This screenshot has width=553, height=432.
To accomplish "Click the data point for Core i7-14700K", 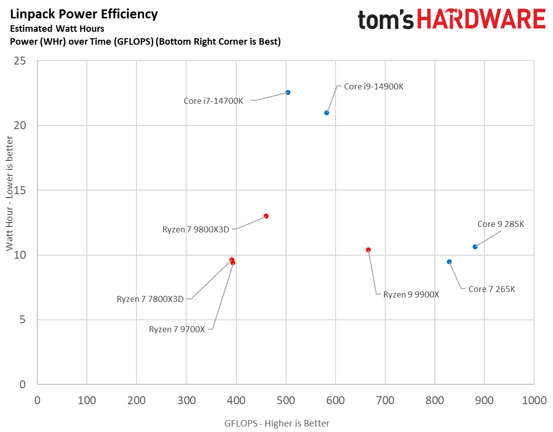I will point(288,93).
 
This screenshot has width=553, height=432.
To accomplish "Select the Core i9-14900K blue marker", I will point(327,113).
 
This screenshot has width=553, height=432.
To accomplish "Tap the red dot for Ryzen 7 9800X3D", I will point(266,216).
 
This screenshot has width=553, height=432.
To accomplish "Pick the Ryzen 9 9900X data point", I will point(368,250).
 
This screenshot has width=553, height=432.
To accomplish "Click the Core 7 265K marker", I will point(449,262).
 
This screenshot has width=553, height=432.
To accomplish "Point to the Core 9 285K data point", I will point(475,247).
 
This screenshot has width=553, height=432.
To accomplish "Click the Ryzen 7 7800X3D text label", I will point(150,299).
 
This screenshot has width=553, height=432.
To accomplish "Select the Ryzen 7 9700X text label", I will point(177,329).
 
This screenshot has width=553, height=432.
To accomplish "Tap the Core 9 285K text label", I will point(500,224).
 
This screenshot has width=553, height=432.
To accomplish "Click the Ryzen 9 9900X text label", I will point(411,294).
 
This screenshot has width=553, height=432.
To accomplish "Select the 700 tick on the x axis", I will point(385,400).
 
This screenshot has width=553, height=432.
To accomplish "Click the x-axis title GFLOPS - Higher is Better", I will point(276,423).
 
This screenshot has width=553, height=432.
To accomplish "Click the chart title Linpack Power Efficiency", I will point(84,14).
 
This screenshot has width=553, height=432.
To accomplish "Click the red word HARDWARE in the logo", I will point(482,20).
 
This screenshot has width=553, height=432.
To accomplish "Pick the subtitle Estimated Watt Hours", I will point(57,29).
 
